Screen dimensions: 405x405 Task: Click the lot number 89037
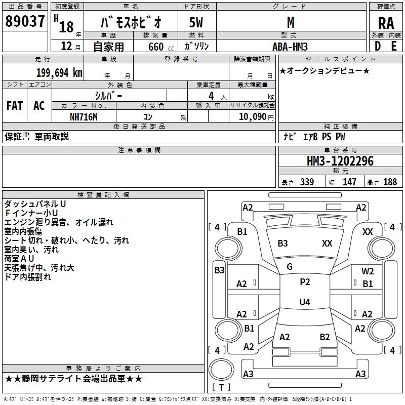pyautogui.click(x=25, y=21)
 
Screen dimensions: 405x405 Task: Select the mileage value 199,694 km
pyautogui.click(x=59, y=73)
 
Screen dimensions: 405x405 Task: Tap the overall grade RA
pyautogui.click(x=386, y=23)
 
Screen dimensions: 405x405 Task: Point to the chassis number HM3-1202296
pyautogui.click(x=340, y=161)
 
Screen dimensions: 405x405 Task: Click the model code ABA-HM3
pyautogui.click(x=290, y=47)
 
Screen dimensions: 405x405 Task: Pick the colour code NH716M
pyautogui.click(x=84, y=117)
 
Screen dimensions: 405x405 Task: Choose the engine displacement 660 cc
pyautogui.click(x=161, y=47)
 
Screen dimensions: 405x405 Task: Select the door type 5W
pyautogui.click(x=196, y=22)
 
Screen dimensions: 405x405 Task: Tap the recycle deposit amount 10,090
pyautogui.click(x=252, y=117)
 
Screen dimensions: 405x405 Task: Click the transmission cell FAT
pyautogui.click(x=15, y=106)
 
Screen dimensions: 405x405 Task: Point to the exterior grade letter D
pyautogui.click(x=378, y=46)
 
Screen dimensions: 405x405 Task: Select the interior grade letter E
pyautogui.click(x=394, y=46)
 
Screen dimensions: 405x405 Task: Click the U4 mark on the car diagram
pyautogui.click(x=305, y=302)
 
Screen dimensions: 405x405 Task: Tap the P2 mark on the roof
pyautogui.click(x=305, y=282)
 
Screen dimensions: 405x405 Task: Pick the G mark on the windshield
pyautogui.click(x=290, y=267)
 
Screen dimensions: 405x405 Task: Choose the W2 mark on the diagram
pyautogui.click(x=368, y=271)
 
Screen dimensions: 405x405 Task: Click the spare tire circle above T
pyautogui.click(x=221, y=369)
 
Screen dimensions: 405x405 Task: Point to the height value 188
pyautogui.click(x=390, y=182)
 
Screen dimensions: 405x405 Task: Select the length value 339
pyautogui.click(x=307, y=182)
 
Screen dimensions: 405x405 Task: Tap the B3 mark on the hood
pyautogui.click(x=282, y=244)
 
